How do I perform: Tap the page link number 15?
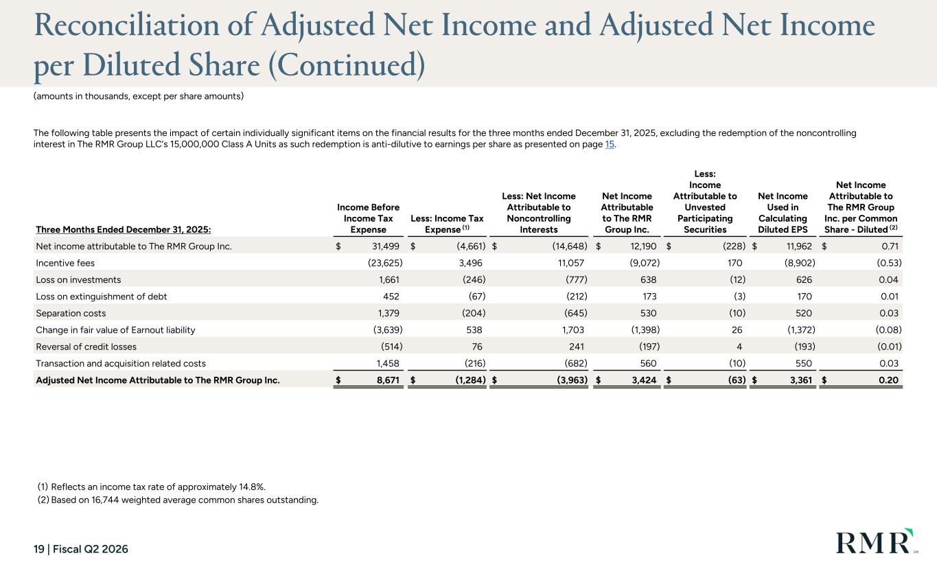pos(610,144)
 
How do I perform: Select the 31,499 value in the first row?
pos(386,246)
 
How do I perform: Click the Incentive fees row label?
pos(65,263)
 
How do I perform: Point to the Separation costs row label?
pos(71,314)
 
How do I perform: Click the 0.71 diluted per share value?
pos(890,246)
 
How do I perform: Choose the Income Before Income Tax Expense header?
pos(368,218)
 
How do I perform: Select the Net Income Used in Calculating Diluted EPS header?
pos(783,213)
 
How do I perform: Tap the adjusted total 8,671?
pos(388,380)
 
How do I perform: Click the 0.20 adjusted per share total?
pos(888,380)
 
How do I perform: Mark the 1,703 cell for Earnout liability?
pos(573,330)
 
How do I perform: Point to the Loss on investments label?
pos(78,280)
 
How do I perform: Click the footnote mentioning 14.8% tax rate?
pos(152,487)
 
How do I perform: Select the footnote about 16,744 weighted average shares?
pos(178,500)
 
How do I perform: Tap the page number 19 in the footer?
pos(39,549)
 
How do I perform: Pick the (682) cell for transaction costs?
pos(576,364)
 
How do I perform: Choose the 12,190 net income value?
pos(643,246)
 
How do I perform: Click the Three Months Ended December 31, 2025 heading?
pos(124,230)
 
